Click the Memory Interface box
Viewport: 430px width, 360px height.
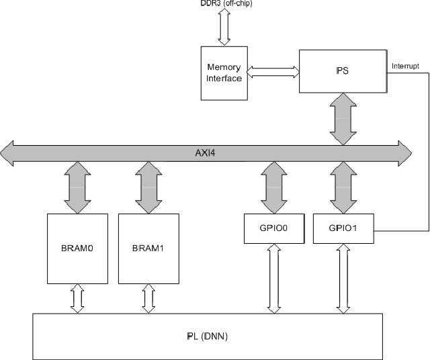(224, 73)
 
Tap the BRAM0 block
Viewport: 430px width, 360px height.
(77, 249)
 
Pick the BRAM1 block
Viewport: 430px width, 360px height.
(148, 249)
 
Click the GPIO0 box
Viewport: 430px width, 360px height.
(274, 228)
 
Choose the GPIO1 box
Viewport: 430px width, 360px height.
(344, 228)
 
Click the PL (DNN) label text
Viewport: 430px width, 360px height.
(207, 336)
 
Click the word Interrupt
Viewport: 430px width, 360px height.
(405, 66)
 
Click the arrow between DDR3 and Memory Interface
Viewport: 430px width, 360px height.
(224, 28)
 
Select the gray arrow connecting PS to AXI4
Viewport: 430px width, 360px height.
(344, 118)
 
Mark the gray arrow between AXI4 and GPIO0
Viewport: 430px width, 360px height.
(274, 189)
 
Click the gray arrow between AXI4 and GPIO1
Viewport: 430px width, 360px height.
(344, 189)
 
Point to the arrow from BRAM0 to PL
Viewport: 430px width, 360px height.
(77, 298)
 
